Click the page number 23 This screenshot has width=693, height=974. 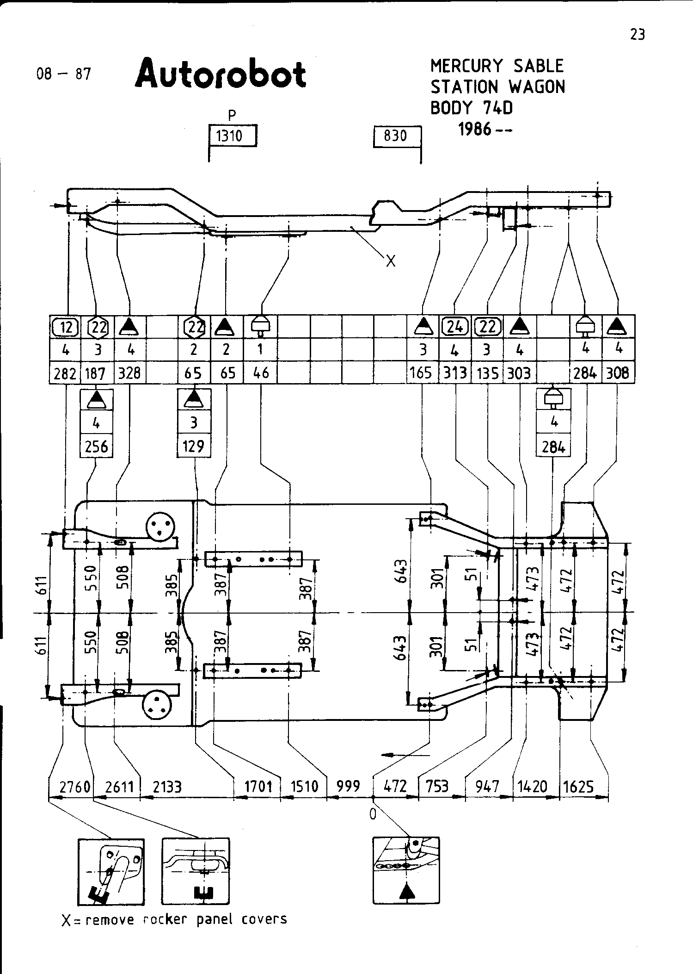click(x=638, y=35)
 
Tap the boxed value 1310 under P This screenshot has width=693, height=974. click(x=230, y=136)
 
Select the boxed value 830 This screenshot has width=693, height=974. click(x=395, y=136)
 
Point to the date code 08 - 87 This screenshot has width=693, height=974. click(x=64, y=74)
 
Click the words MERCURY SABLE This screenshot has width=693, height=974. click(x=497, y=66)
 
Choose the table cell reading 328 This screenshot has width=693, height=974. click(x=129, y=373)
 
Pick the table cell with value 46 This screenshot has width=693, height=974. click(x=261, y=373)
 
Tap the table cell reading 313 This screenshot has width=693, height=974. click(x=455, y=373)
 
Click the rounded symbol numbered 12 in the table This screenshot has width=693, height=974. click(x=65, y=327)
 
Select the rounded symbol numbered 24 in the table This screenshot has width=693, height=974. click(x=455, y=327)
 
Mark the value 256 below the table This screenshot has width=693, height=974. click(x=97, y=447)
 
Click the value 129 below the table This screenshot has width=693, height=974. click(x=193, y=447)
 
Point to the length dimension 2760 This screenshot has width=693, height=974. click(x=75, y=787)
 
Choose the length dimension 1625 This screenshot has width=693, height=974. click(x=579, y=787)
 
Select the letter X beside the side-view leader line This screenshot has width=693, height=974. click(x=391, y=262)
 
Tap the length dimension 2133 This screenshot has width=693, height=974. click(x=167, y=787)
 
